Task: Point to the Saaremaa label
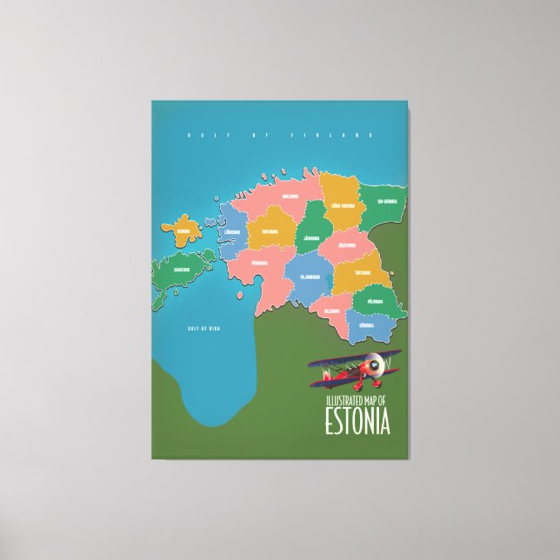[x=180, y=270]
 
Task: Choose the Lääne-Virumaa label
[x=342, y=206]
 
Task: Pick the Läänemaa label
[x=232, y=232]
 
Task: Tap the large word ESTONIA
[x=357, y=420]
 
